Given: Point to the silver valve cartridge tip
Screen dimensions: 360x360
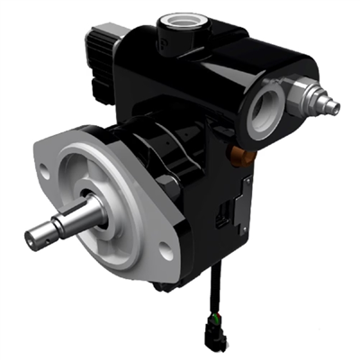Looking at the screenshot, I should pyautogui.click(x=334, y=106).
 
